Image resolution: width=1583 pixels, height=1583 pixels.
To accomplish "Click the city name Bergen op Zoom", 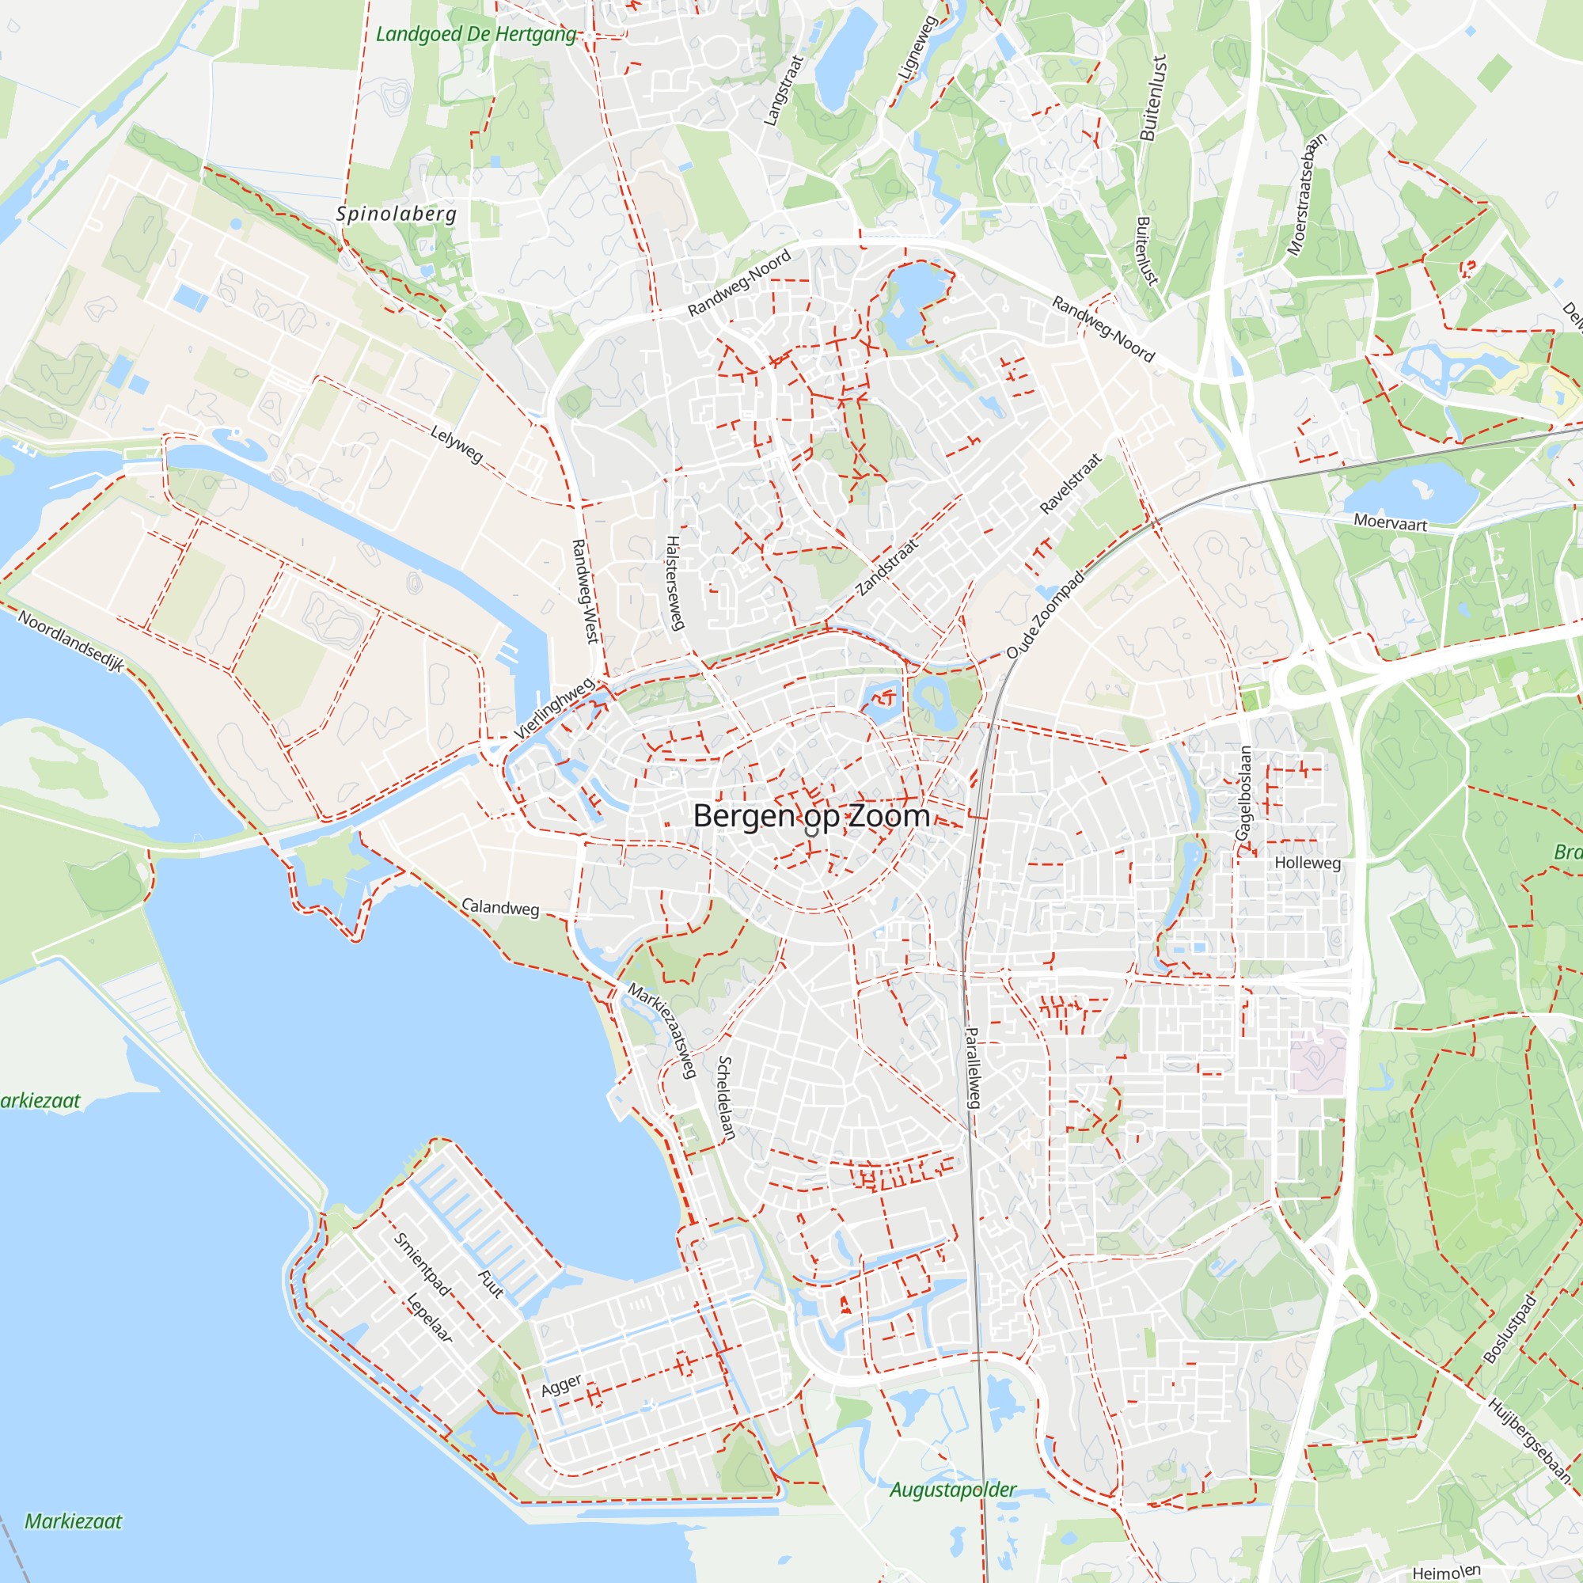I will [x=811, y=816].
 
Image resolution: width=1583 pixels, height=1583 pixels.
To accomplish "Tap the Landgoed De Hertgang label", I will [x=476, y=34].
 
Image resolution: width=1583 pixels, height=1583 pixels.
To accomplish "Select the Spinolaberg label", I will [x=397, y=214].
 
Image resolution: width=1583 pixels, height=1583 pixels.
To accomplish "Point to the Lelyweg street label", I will [x=457, y=444].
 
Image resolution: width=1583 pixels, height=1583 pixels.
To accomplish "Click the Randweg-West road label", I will [x=587, y=590].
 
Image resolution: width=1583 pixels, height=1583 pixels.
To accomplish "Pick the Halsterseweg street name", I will [x=674, y=583].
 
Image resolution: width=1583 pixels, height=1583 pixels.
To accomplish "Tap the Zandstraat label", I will [x=887, y=567].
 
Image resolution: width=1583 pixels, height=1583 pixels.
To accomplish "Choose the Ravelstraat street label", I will [x=1070, y=484].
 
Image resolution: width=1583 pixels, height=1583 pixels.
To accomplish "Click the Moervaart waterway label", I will [x=1390, y=522].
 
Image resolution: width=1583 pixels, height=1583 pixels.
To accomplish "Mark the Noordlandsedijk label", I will [x=71, y=642].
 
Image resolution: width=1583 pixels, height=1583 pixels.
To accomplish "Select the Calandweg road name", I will [x=499, y=908].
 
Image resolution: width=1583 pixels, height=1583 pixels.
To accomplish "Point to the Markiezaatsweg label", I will [x=662, y=1030].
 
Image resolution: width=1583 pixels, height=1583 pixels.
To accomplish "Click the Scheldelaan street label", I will [x=726, y=1097].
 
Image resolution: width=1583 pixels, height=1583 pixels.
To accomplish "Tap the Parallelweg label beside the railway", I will [x=973, y=1068].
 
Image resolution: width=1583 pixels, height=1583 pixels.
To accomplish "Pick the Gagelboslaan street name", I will [x=1243, y=792].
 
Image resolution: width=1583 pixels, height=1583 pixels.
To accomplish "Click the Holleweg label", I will [x=1308, y=863].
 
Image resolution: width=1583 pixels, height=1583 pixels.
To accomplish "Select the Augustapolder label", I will [x=953, y=1490].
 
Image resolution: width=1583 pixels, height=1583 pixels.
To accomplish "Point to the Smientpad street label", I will [x=422, y=1264].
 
